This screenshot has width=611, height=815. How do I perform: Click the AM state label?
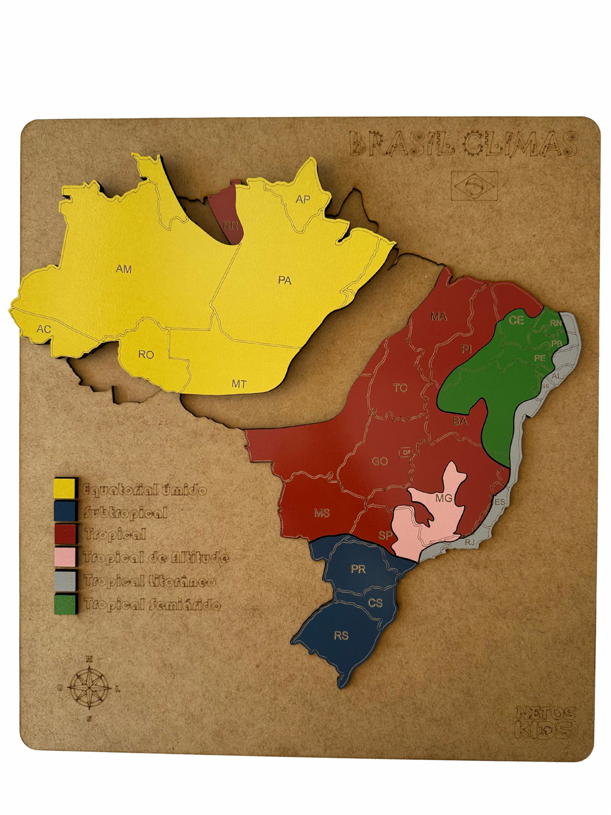click(x=124, y=269)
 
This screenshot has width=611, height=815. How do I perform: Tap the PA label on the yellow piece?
click(x=285, y=281)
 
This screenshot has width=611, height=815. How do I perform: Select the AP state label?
click(x=303, y=199)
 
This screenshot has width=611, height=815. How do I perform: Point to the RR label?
click(x=231, y=225)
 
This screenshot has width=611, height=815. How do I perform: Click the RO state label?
click(x=146, y=355)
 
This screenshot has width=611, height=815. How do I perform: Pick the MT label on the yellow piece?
click(x=239, y=384)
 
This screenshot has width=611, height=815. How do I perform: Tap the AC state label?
click(x=44, y=330)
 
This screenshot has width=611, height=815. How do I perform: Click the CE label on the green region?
click(x=516, y=320)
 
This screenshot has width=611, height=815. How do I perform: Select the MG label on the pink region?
click(x=444, y=498)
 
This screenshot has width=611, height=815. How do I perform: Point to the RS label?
click(x=341, y=636)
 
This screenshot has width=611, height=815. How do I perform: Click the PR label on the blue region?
click(x=358, y=569)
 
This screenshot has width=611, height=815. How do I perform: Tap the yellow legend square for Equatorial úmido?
click(x=66, y=488)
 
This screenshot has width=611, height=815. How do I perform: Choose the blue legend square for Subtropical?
click(x=66, y=511)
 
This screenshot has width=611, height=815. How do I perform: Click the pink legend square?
click(x=66, y=557)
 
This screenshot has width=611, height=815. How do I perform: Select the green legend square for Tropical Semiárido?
click(x=66, y=604)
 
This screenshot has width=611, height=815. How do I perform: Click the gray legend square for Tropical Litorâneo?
click(x=66, y=581)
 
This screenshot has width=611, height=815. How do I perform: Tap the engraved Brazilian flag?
click(x=474, y=186)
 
